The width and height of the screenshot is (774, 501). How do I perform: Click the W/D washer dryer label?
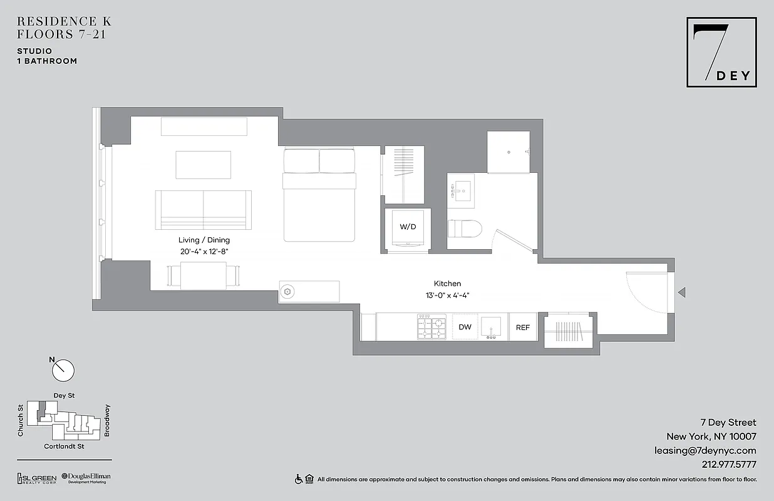[x=408, y=227]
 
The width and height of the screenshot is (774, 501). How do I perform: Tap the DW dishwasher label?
[x=465, y=327]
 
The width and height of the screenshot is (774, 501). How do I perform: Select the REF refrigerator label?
[x=522, y=327]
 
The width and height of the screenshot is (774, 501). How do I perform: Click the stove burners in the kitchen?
[x=431, y=327]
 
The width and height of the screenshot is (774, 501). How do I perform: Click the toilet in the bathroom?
[x=465, y=229]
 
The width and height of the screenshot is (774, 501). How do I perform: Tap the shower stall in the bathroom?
[x=508, y=152]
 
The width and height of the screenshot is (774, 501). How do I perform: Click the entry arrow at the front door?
[x=683, y=292]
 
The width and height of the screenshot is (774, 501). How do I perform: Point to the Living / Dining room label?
[x=204, y=240]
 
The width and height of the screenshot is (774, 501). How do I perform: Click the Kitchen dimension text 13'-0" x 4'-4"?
[x=447, y=295]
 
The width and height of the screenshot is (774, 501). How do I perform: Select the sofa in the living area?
[x=204, y=210]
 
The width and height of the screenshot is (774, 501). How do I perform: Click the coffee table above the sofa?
[x=203, y=165]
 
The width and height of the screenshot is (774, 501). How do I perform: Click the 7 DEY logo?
[x=721, y=52]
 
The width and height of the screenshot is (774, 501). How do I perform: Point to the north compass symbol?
[x=63, y=369]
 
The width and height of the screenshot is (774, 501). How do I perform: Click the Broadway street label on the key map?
[x=107, y=420]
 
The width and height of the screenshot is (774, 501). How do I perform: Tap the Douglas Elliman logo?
[x=86, y=478]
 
